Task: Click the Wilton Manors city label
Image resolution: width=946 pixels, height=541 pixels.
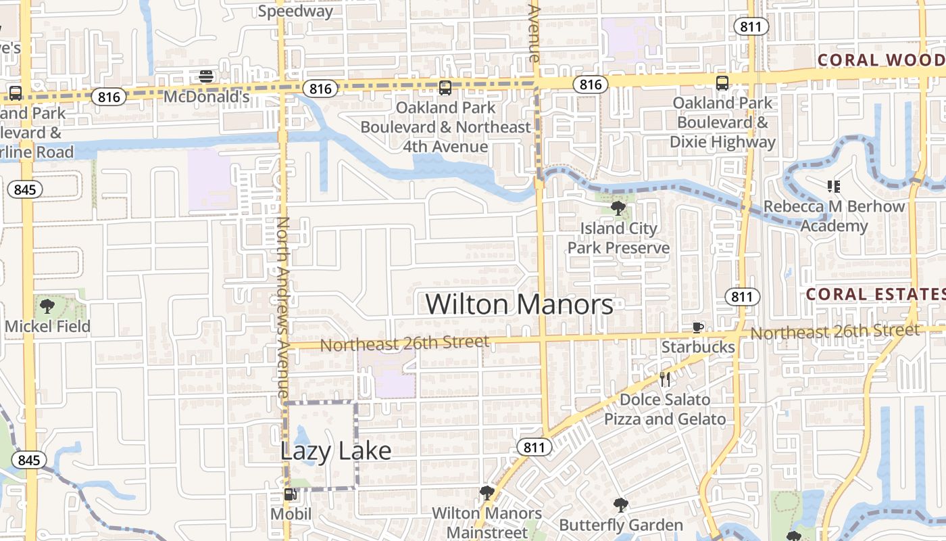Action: point(519,304)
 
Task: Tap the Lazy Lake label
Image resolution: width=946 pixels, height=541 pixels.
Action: point(336,451)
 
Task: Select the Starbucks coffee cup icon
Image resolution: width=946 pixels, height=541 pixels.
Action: point(698,328)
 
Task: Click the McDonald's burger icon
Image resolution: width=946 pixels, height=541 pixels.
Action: point(207,76)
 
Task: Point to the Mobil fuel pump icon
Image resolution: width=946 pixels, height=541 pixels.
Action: point(291,494)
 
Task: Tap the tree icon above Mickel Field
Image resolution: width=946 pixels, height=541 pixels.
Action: point(47,306)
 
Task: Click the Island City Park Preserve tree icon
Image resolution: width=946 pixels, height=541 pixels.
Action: point(618,208)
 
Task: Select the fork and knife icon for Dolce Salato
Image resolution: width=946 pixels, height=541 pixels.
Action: point(666,379)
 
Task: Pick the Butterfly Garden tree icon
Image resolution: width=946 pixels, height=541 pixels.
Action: point(620,505)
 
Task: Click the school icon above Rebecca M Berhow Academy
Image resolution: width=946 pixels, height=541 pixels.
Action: point(833,186)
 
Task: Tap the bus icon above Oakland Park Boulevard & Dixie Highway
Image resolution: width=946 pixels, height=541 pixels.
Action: point(722,83)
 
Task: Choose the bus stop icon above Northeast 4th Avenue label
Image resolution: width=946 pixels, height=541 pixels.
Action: point(445,87)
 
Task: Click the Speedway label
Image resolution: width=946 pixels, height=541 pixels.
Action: point(295,11)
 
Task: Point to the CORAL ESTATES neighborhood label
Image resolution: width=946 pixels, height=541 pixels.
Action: point(875,294)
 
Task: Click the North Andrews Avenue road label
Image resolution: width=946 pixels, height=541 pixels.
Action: point(283,308)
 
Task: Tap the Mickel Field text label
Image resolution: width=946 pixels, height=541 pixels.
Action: point(47,327)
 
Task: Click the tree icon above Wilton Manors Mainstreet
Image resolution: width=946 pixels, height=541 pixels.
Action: point(487,493)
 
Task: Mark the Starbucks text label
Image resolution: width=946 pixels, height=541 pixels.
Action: point(698,347)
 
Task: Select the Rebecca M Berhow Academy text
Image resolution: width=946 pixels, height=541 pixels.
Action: point(834,216)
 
